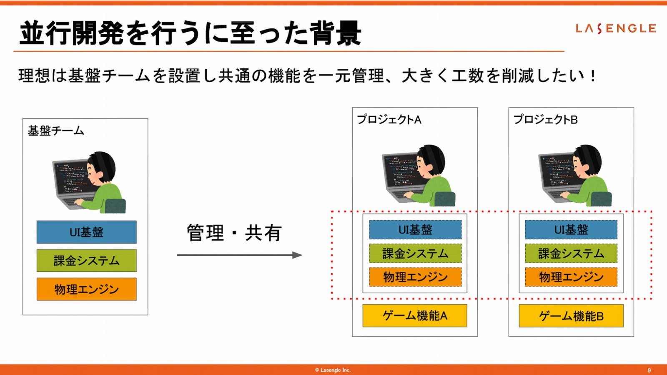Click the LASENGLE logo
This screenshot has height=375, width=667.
pos(616,29)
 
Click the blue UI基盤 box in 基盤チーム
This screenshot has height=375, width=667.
pos(87,232)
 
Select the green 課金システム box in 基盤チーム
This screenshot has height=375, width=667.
pos(87,261)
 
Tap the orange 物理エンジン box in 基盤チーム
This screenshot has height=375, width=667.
pos(87,289)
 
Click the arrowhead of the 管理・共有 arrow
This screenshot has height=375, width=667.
pos(298,255)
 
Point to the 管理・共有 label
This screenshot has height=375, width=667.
pos(234,233)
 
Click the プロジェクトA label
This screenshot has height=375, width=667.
pos(389,120)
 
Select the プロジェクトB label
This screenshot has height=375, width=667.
pos(546,120)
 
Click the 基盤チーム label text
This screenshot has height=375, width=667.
pos(56,131)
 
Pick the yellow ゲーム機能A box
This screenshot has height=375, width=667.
pos(415,316)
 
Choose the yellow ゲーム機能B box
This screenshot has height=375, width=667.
pos(571,316)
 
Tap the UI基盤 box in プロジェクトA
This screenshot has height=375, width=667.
pos(415,230)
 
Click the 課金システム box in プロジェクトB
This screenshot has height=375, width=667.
pos(571,254)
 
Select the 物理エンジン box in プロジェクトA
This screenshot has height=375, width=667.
pos(415,277)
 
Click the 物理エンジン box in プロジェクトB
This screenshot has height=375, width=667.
pos(571,277)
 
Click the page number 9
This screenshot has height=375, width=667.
pos(649,370)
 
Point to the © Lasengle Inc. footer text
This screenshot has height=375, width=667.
pos(333,370)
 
